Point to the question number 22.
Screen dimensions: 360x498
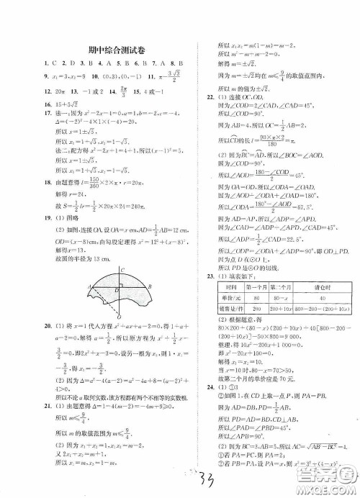[x=207, y=96]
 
